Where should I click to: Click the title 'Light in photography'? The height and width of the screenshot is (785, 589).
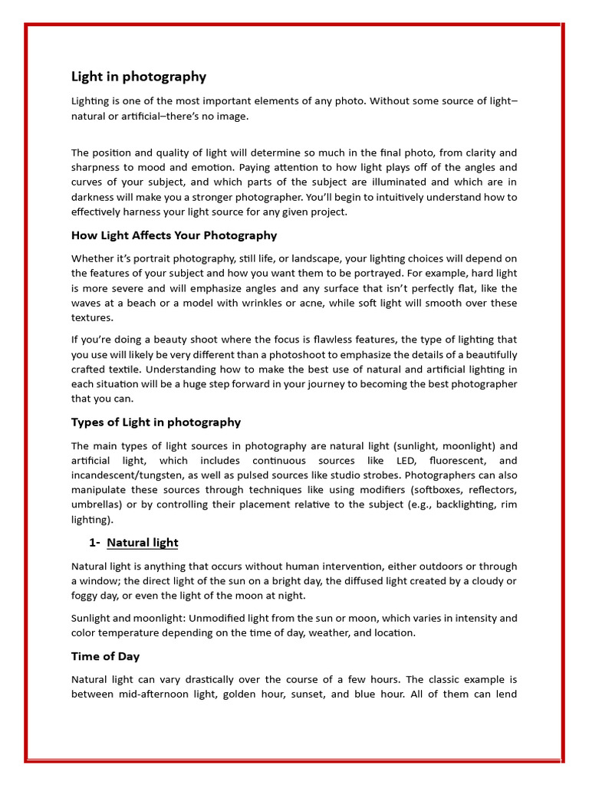[139, 77]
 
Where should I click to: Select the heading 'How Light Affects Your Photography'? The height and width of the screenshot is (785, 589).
[174, 235]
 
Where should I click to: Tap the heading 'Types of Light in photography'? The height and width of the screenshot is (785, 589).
[156, 422]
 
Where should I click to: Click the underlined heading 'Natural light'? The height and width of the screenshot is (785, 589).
[143, 543]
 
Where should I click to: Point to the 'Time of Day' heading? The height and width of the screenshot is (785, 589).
[105, 657]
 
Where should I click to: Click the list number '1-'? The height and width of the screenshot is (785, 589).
[94, 543]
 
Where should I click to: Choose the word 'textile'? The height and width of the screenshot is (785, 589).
[118, 370]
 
